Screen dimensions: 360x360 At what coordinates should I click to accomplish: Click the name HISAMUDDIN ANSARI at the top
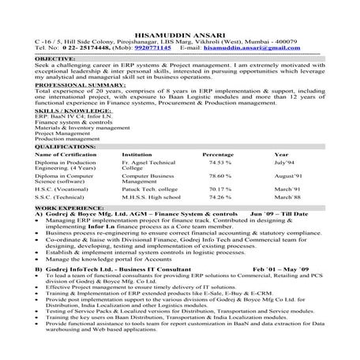click(x=179, y=39)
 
